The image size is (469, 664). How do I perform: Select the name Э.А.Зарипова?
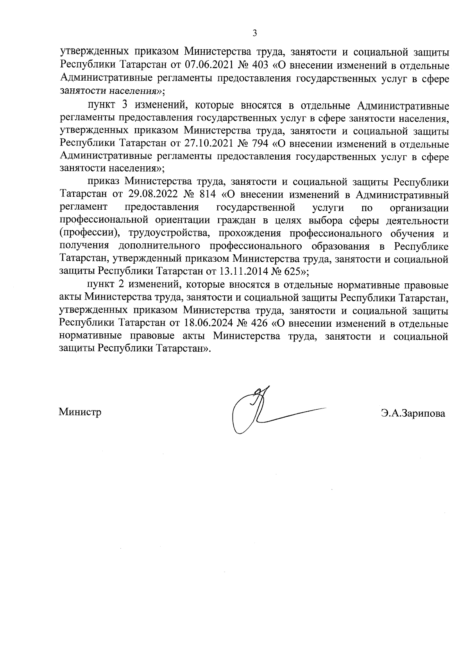pos(414,413)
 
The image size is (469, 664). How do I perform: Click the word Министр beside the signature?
pos(80,412)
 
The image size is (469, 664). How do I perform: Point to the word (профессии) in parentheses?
pos(89,234)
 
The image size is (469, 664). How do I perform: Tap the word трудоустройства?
pos(161,234)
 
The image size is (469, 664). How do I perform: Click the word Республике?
pos(421,246)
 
